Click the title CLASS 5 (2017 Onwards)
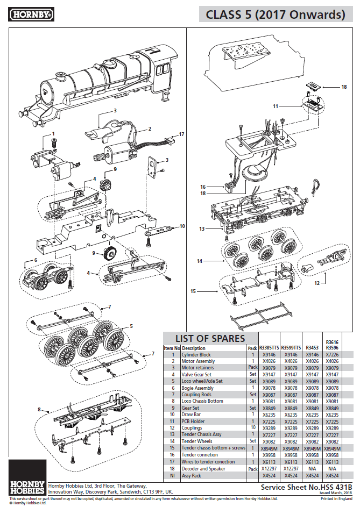[x=276, y=15]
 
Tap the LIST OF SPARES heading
[x=209, y=338]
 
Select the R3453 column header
[x=312, y=348]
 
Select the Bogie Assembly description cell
[x=197, y=388]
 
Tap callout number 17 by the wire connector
[x=181, y=134]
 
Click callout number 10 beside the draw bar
[x=182, y=226]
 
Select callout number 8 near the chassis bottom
[x=39, y=410]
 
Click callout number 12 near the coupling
[x=316, y=282]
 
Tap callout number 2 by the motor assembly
[x=150, y=128]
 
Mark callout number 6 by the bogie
[x=36, y=260]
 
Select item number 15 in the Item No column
[x=173, y=447]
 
